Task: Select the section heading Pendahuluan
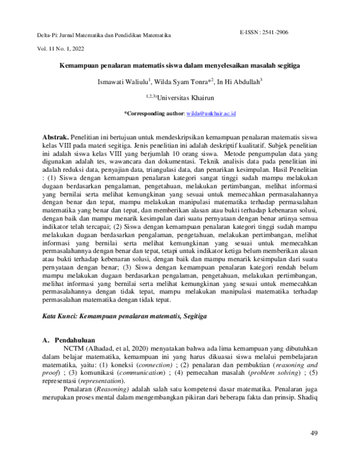tap(80, 339)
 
